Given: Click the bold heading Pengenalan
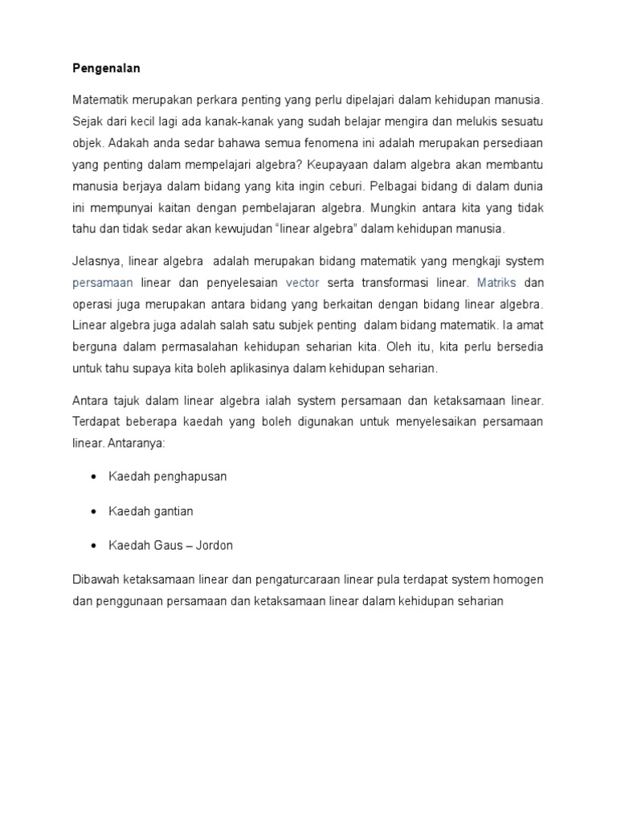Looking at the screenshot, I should click(106, 69).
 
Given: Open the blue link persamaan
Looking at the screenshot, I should click(102, 283).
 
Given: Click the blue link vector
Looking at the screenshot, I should click(302, 283).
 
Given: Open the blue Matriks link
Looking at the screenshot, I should click(497, 283).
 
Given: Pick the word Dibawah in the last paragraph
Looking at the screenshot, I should click(95, 579).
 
